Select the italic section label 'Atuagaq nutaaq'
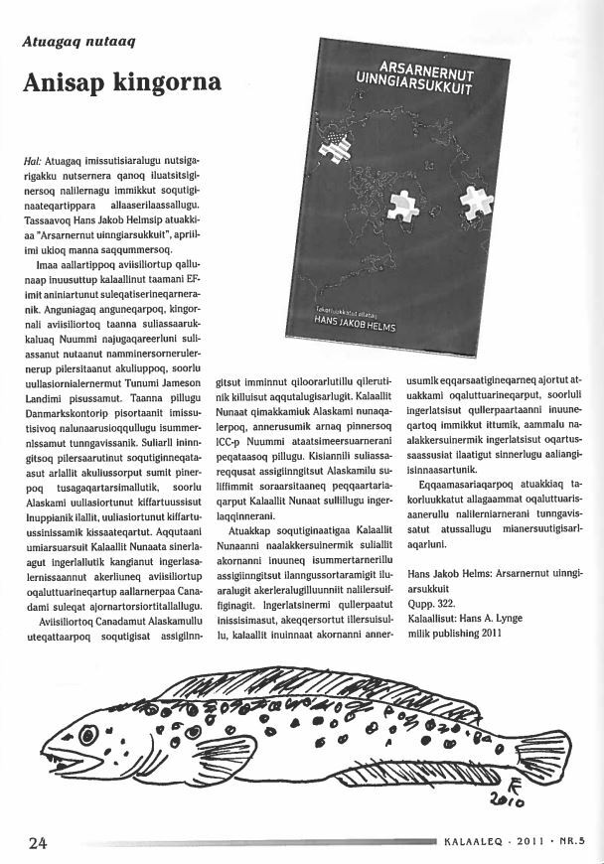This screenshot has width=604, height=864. pyautogui.click(x=78, y=42)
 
